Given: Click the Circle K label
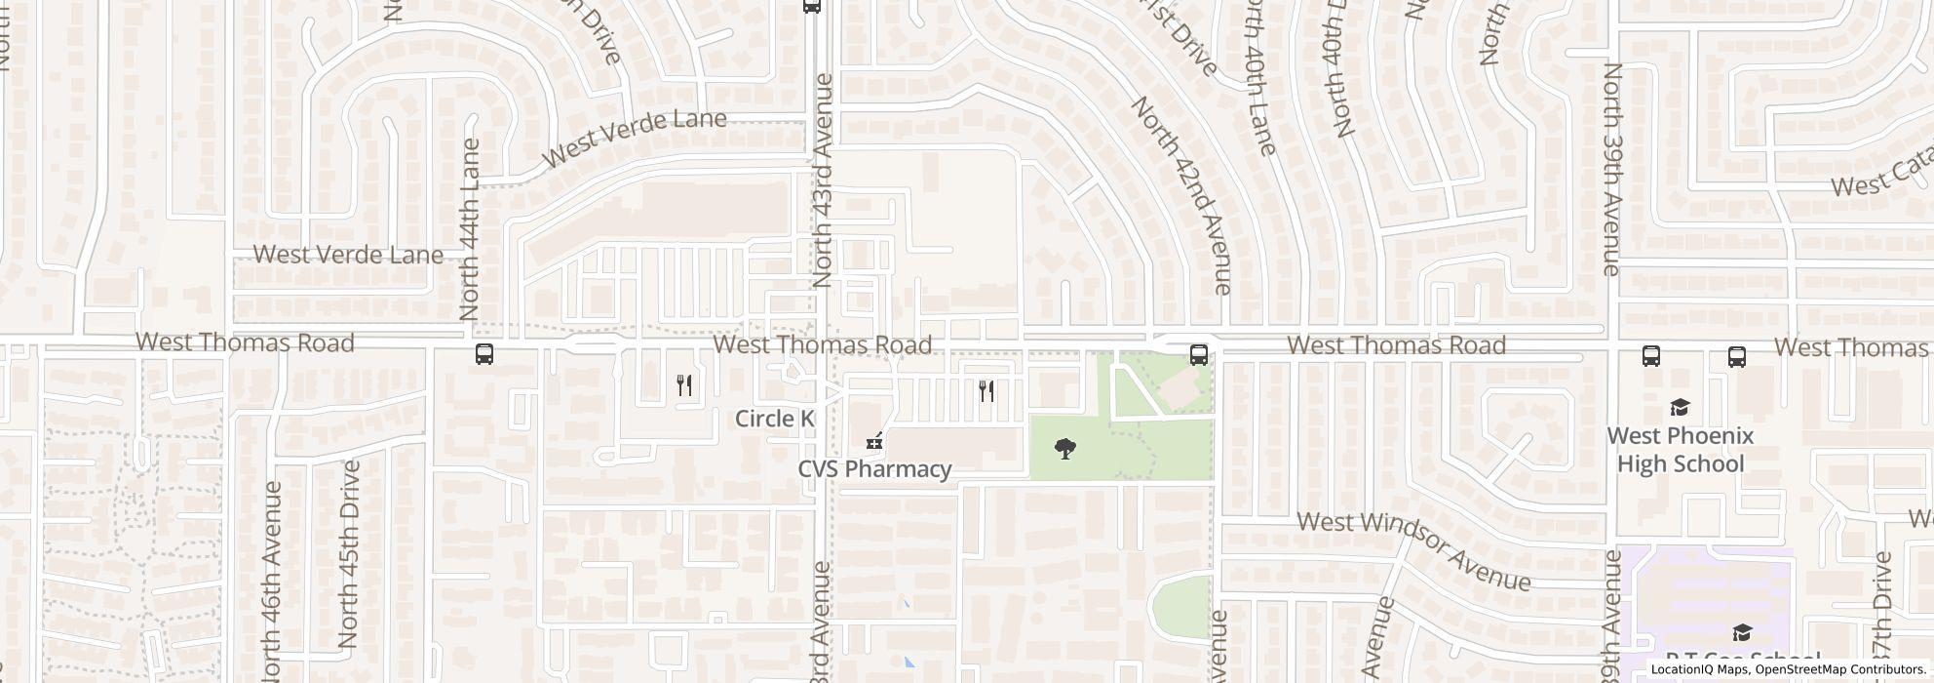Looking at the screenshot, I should coord(774,419).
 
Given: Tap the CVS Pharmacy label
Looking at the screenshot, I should coord(874,469).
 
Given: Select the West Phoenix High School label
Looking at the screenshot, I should coord(1680,450).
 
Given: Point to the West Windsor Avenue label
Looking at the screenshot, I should coord(1414,550).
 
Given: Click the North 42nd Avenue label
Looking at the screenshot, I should coord(1181,194).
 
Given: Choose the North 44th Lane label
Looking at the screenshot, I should coord(470,230).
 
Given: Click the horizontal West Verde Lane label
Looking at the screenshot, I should coord(348,255).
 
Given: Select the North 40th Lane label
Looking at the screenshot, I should coord(1259,78).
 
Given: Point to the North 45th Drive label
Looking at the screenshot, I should coord(348,554).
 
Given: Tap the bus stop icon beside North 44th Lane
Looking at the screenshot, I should coord(484,354).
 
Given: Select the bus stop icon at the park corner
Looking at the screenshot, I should coord(1198,355).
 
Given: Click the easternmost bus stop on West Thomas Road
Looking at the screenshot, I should coord(1736,356).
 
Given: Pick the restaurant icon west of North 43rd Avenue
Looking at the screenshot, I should coord(684,385).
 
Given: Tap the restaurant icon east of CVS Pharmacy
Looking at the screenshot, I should coord(986,391).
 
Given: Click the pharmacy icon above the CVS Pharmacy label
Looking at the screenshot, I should coord(874,442).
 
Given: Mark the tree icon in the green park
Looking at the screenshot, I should coord(1065,449).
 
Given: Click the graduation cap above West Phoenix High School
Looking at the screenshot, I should coord(1680,407).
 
